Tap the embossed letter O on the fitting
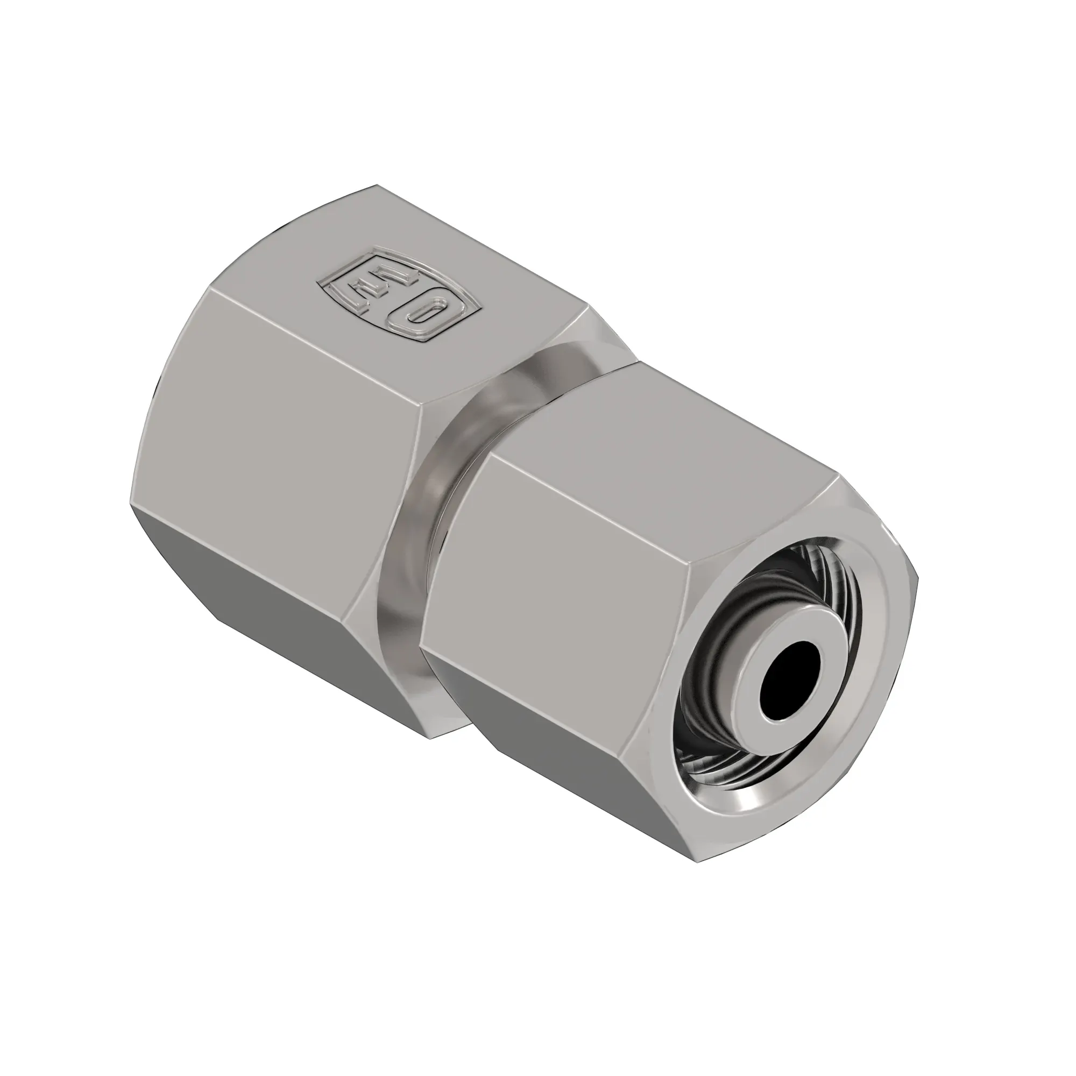point(422,316)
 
